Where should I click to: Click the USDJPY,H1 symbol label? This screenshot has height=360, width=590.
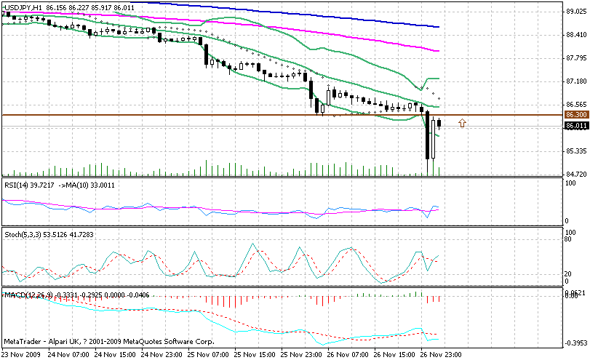[x=23, y=7]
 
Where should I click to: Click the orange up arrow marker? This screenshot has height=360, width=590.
[x=462, y=123]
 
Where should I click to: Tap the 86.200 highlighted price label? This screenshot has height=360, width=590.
[x=575, y=114]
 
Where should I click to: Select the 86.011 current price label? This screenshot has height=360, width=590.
[x=575, y=126]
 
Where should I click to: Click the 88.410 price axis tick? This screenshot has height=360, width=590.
[x=575, y=34]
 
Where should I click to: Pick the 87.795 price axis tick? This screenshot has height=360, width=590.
[x=575, y=57]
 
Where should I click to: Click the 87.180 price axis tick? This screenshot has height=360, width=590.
[x=575, y=81]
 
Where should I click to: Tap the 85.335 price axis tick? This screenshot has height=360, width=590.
[x=575, y=151]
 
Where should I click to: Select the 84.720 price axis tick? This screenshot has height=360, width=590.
[x=575, y=174]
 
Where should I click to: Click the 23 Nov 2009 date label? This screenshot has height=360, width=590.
[x=20, y=354]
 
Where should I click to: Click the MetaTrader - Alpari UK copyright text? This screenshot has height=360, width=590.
[x=109, y=340]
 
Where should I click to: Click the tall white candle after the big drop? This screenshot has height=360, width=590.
[x=433, y=139]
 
